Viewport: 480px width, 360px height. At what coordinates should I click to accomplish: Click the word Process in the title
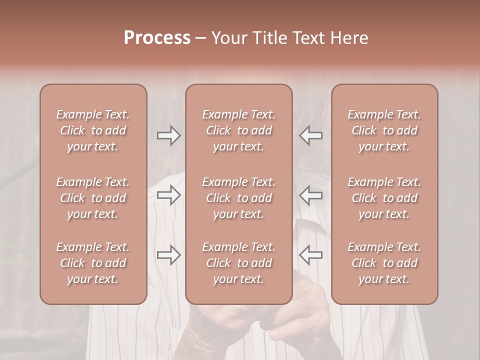coord(157,38)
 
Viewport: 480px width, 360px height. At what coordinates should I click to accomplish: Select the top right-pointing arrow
coord(169,135)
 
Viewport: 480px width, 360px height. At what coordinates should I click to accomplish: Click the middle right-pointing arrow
coord(169,195)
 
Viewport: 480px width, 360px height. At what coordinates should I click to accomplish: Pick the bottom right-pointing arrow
coord(169,255)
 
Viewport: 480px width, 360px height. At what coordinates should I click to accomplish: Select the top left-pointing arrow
coord(310,135)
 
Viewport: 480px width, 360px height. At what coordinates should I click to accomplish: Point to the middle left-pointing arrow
coord(310,195)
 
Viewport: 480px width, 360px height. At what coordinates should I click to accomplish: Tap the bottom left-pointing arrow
coord(310,255)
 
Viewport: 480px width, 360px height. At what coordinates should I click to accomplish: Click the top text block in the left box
coord(93,130)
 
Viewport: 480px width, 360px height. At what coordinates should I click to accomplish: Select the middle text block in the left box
coord(93,198)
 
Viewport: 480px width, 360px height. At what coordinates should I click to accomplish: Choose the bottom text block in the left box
coord(93,263)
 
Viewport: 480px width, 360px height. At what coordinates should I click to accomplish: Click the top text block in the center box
coord(238,130)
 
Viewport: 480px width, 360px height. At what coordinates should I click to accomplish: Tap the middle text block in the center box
coord(238,198)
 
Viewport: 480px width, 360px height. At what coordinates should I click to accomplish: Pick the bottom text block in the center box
coord(238,263)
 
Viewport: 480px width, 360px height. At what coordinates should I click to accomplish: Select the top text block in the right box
coord(384,130)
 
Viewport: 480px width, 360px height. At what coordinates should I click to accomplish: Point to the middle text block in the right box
coord(384,198)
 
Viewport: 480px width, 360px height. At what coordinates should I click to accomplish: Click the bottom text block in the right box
coord(384,263)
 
